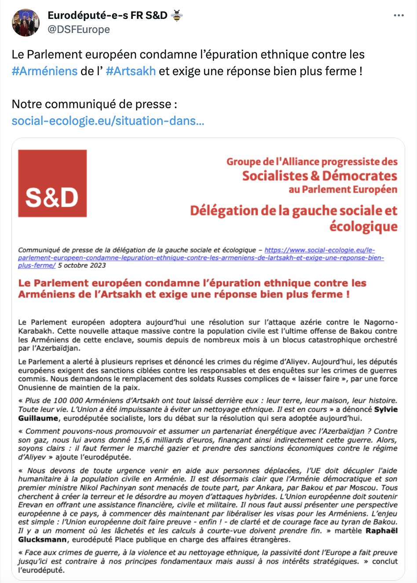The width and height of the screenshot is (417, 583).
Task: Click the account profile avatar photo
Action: click(26, 22)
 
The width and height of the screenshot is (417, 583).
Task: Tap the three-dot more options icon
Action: click(399, 15)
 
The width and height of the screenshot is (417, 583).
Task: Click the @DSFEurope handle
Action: click(79, 29)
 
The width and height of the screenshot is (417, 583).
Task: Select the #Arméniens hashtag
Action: click(44, 71)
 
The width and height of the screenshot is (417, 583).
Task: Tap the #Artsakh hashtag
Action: click(131, 71)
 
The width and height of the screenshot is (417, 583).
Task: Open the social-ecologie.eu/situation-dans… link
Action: click(108, 120)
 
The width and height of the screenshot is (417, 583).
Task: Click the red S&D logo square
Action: click(52, 183)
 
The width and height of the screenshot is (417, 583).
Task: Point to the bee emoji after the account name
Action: click(177, 15)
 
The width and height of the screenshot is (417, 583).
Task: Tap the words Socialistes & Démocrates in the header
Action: click(319, 176)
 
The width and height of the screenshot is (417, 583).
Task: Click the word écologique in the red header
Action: click(363, 227)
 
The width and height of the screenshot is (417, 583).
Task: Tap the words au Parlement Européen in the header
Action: click(343, 189)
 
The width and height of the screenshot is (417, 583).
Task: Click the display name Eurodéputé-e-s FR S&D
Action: click(107, 15)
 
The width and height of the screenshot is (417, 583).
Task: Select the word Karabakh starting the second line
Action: click(37, 331)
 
